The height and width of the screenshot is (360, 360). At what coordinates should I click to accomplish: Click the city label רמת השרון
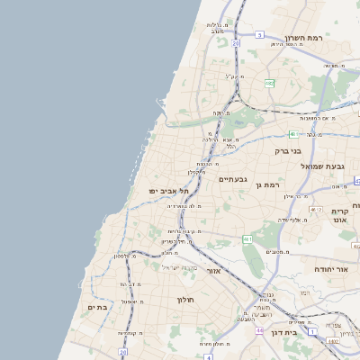(x=303, y=38)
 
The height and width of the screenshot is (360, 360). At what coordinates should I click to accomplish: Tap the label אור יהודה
(x=311, y=268)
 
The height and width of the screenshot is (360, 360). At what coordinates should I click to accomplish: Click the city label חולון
(x=185, y=299)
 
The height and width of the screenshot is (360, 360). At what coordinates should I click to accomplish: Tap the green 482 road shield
(x=268, y=83)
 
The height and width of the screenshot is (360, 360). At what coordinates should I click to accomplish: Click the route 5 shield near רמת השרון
(x=259, y=35)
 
